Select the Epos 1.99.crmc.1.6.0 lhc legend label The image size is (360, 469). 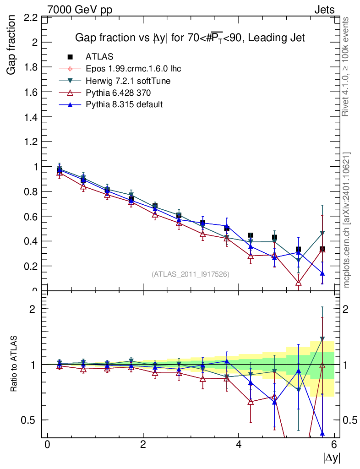point(133,69)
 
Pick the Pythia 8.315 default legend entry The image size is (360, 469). point(124,104)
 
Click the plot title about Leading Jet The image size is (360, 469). point(190,38)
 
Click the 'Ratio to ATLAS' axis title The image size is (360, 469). point(14,364)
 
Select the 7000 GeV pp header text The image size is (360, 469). point(80,10)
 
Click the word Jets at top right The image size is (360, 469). point(324,10)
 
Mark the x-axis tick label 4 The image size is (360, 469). point(239,444)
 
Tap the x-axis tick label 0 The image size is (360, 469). point(47,444)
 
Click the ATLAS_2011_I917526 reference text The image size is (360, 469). point(190,274)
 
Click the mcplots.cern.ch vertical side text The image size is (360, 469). point(347,220)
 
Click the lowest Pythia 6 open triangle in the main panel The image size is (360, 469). point(299,283)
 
